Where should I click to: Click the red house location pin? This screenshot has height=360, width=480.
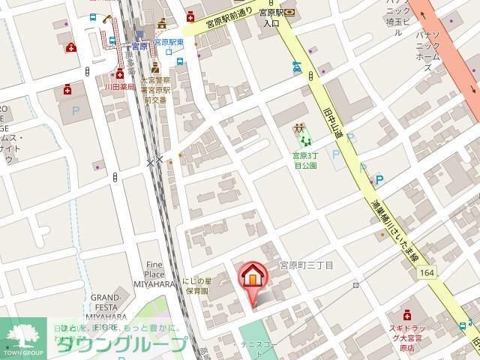coord(253,278)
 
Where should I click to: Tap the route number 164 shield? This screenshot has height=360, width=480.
coord(427,273)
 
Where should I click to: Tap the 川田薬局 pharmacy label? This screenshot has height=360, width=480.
coord(119,87)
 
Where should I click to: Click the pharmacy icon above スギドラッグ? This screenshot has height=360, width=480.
coord(406,313)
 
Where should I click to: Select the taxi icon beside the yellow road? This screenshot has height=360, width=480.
coord(297,70)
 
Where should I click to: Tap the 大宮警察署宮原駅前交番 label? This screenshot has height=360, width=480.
coord(157,89)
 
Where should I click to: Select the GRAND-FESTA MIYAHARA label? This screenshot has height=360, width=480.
coord(112,307)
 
